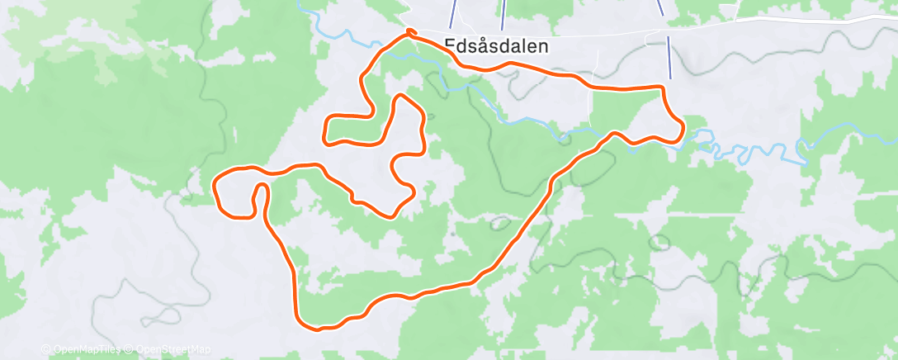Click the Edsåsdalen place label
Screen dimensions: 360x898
tap(495, 47)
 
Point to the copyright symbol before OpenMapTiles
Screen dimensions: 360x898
tap(46, 350)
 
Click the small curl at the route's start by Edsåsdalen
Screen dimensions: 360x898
tap(409, 33)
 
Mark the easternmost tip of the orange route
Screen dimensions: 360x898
tap(683, 128)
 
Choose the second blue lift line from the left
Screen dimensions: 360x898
tap(503, 14)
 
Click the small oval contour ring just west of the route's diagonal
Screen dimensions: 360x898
tap(499, 222)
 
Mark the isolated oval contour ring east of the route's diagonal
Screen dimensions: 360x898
tap(659, 243)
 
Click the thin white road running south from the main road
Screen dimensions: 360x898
tap(591, 107)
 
